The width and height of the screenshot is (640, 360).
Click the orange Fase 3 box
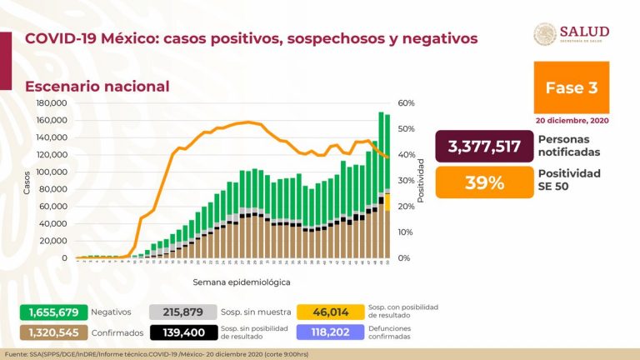click(571, 87)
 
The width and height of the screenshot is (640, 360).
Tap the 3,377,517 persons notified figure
click(484, 147)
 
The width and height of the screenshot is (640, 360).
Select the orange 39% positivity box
click(484, 182)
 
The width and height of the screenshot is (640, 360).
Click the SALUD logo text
click(584, 32)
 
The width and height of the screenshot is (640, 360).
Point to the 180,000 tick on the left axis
click(52, 103)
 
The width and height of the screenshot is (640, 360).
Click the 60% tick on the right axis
click(406, 103)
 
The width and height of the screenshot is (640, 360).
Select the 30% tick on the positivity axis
click(406, 181)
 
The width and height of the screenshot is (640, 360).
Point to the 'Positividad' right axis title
click(421, 180)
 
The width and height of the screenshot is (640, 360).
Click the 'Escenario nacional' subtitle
click(97, 86)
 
